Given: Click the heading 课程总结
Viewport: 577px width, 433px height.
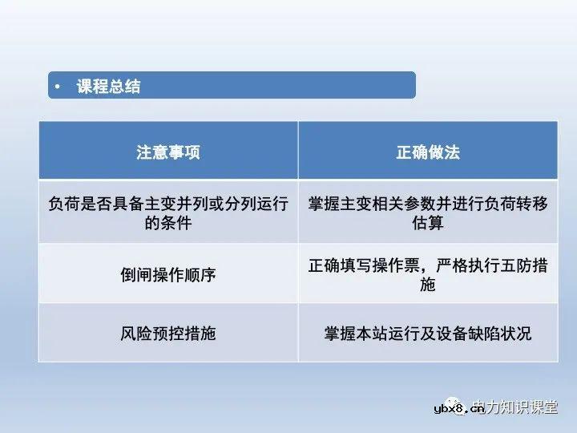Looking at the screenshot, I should pyautogui.click(x=108, y=87).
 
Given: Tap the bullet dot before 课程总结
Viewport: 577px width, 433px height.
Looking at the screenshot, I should pyautogui.click(x=57, y=87).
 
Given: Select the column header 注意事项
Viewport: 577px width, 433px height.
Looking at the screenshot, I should pyautogui.click(x=167, y=152).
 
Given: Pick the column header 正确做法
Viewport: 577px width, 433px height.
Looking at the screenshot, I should pyautogui.click(x=428, y=152).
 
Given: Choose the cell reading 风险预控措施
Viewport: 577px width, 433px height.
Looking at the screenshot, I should pyautogui.click(x=167, y=333).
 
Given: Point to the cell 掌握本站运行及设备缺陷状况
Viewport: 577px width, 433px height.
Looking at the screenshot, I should pyautogui.click(x=428, y=333).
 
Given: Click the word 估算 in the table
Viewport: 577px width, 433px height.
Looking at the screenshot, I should pyautogui.click(x=428, y=224).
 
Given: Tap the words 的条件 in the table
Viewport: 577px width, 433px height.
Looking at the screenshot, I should pyautogui.click(x=167, y=224).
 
